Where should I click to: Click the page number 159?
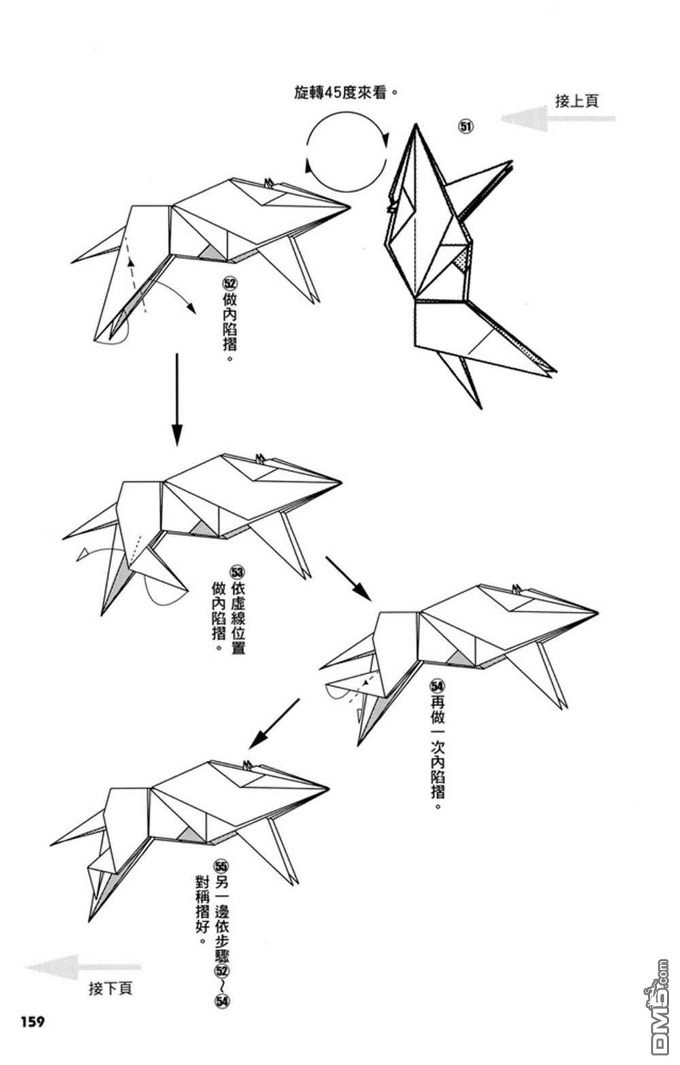point(33,1021)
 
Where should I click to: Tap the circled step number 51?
point(466,126)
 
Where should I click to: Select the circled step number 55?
point(221,866)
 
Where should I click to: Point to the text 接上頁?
point(577,101)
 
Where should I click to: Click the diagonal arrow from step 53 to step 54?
point(348,578)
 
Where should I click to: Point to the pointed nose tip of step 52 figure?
point(350,205)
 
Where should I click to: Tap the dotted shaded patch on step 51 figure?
point(461,259)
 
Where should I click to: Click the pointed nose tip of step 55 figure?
point(329,788)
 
